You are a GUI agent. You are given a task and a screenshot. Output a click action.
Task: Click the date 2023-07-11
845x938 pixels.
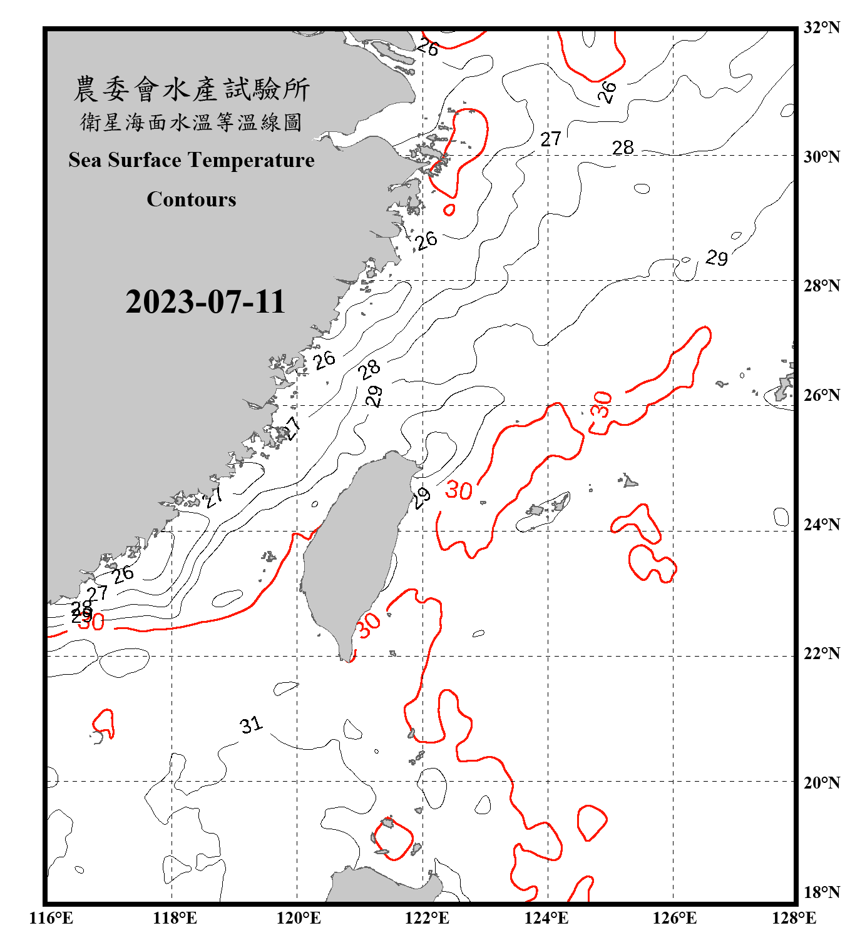coord(205,301)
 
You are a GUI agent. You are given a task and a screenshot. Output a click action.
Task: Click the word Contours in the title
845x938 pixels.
coord(192,199)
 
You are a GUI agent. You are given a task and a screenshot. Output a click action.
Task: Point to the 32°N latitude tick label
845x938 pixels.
coord(821,28)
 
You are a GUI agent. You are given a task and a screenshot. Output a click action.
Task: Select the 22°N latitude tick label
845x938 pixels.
coord(821,654)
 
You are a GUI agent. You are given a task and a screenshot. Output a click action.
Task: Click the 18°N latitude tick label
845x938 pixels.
coord(821,892)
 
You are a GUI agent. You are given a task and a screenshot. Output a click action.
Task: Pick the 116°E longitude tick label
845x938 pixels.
coord(51,918)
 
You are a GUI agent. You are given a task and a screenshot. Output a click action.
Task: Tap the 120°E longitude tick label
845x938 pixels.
coord(299,918)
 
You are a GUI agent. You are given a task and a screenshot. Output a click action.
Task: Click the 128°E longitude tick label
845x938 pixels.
coord(794,918)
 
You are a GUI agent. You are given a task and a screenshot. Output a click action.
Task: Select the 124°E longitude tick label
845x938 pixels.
coord(546,918)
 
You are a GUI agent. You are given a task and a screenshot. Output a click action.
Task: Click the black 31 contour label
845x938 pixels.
coord(251,725)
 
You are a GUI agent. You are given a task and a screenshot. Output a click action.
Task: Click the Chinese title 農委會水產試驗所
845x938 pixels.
coord(192,89)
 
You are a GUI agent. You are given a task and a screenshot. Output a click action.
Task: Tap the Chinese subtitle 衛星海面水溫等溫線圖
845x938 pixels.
coord(192,123)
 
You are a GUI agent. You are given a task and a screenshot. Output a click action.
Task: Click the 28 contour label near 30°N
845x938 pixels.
coord(623,148)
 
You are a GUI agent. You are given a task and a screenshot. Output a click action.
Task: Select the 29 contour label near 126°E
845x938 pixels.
coord(717,258)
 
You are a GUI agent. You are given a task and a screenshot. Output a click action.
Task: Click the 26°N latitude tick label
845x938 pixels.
coord(821,395)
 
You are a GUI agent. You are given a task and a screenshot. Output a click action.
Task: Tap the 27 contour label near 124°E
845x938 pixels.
coord(551,139)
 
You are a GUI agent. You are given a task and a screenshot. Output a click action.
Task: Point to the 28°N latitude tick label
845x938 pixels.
coord(821,286)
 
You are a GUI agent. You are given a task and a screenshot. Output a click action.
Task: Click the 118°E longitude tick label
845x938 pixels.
coord(175,918)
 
